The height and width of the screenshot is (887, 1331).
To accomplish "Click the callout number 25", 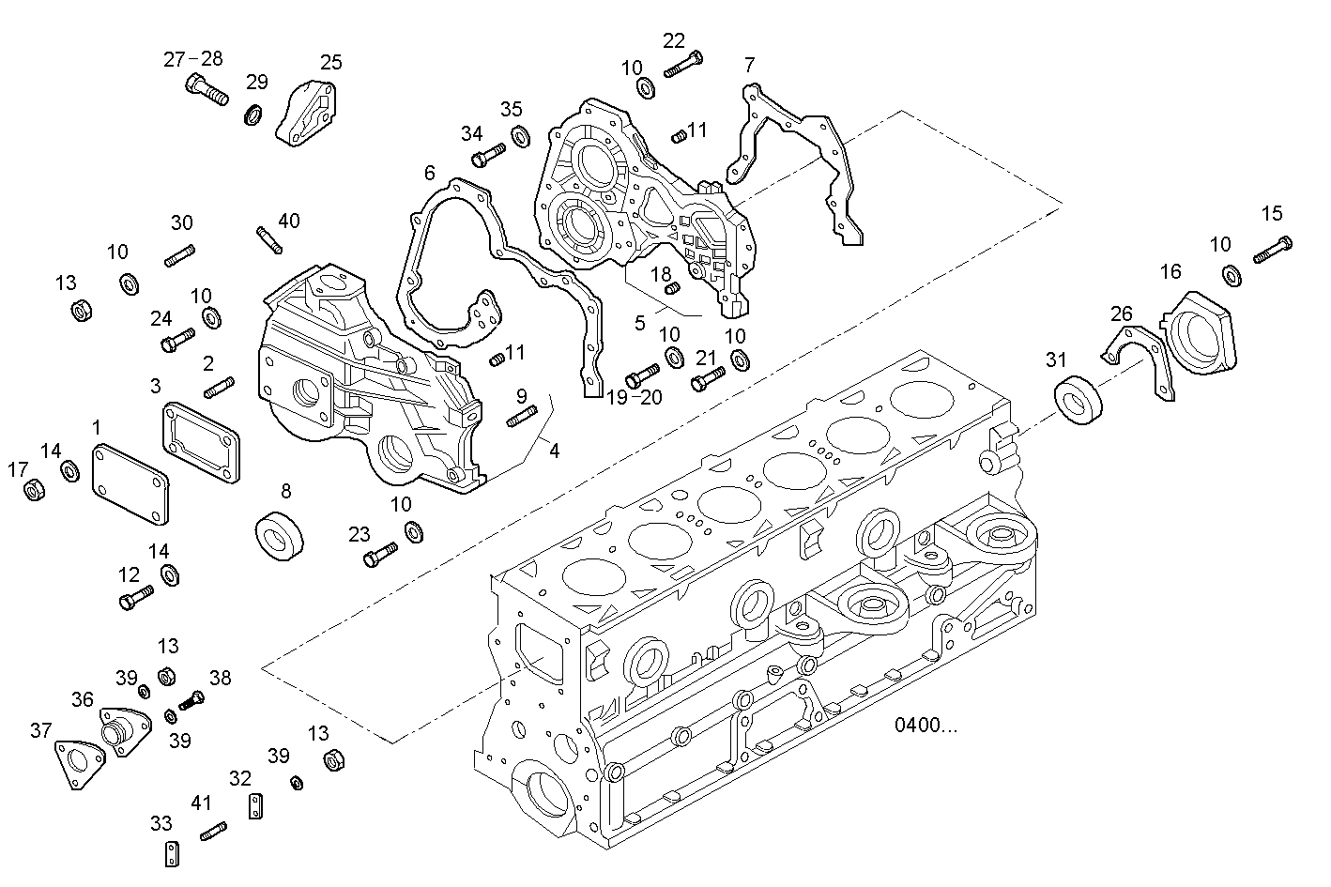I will pyautogui.click(x=331, y=63).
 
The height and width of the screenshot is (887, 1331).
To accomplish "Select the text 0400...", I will pyautogui.click(x=926, y=725).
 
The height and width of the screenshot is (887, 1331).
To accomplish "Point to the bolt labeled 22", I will pyautogui.click(x=682, y=65).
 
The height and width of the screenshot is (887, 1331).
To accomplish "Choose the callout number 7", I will pyautogui.click(x=748, y=65).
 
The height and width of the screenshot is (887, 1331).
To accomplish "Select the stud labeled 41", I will pyautogui.click(x=213, y=831).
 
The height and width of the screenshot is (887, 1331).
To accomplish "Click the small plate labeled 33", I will pyautogui.click(x=173, y=853).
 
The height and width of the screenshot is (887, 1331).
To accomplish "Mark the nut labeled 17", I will pyautogui.click(x=34, y=490).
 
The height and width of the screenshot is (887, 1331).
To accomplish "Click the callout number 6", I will pyautogui.click(x=430, y=173).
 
